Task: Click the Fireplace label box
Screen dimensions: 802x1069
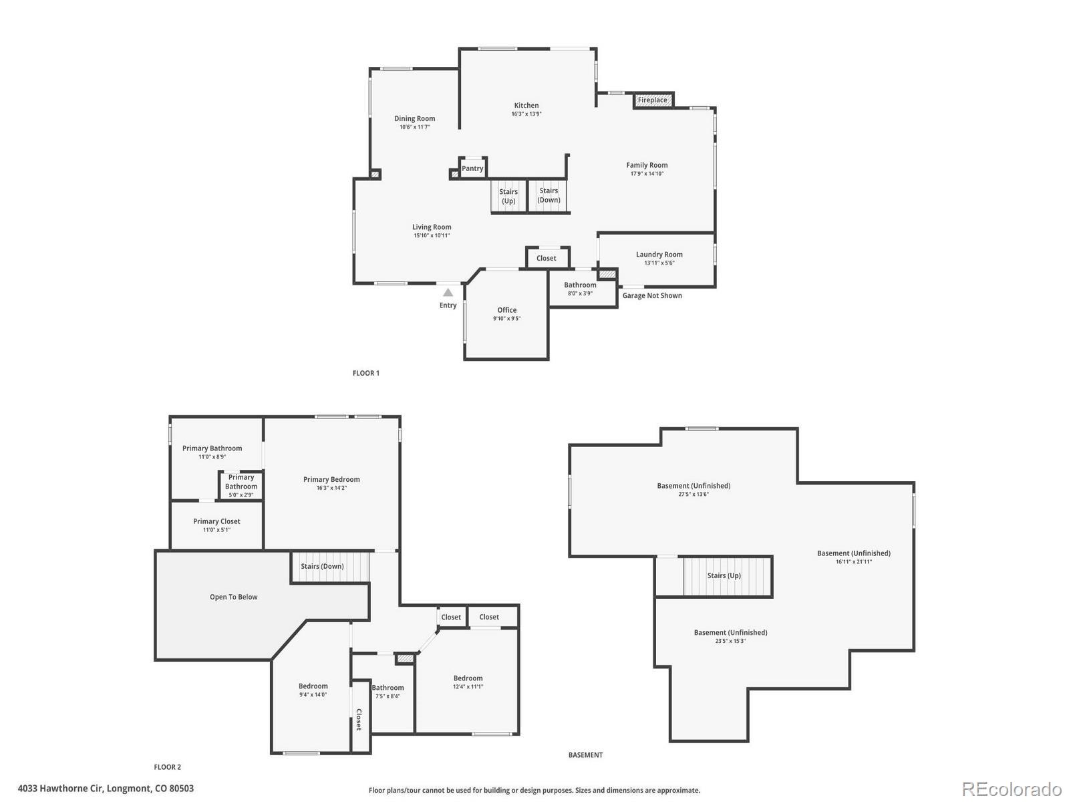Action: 653,100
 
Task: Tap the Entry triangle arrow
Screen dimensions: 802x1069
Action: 448,292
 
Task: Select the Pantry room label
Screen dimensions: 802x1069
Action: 472,168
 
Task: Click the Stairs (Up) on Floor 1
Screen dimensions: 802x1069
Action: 508,196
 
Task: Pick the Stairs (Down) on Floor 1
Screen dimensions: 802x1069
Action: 549,195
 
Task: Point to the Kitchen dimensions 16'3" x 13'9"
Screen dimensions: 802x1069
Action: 526,114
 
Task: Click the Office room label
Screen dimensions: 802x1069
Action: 507,310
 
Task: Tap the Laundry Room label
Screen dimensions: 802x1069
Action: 659,255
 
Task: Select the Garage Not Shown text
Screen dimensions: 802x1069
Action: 652,295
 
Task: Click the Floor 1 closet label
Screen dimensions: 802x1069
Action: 546,259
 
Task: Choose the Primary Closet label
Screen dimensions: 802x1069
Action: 216,521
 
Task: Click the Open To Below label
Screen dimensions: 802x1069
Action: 233,597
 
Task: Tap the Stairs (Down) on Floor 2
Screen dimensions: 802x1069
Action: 322,566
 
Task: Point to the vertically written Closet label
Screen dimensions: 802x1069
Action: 359,719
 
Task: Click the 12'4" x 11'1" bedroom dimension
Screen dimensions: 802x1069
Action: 468,686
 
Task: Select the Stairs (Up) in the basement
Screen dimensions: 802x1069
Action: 724,575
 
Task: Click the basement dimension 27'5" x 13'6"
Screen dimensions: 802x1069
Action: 694,495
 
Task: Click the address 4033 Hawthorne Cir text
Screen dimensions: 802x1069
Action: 106,789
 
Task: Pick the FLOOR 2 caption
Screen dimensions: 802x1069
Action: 167,767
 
